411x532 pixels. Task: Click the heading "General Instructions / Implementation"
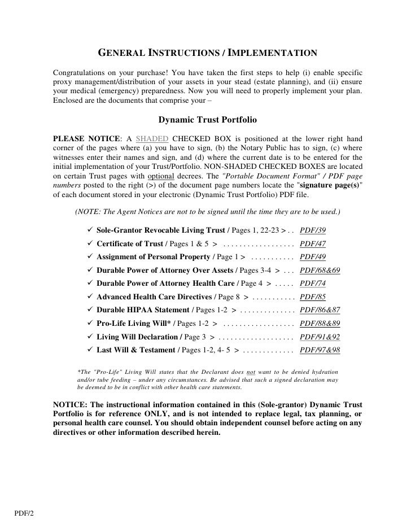tap(208, 54)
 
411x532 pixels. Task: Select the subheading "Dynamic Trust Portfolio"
tap(207, 120)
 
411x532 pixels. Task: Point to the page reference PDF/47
tap(313, 244)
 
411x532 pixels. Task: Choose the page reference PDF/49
tap(313, 257)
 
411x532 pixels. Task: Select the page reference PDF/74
tap(313, 284)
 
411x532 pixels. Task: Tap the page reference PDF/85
tap(313, 297)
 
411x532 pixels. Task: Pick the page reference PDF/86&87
tap(320, 310)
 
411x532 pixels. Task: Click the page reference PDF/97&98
tap(320, 350)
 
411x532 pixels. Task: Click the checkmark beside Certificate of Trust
tap(90, 244)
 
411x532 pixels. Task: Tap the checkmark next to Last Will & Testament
tap(90, 350)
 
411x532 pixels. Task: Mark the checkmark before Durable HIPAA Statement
tap(90, 310)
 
